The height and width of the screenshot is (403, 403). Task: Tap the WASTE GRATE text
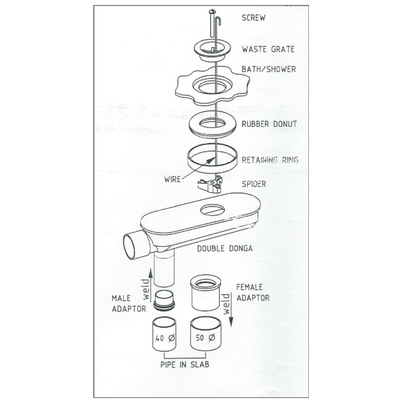click(268, 49)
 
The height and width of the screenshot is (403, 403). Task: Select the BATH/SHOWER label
click(269, 69)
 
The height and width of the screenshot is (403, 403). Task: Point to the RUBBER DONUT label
click(269, 124)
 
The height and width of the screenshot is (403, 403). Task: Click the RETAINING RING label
click(270, 160)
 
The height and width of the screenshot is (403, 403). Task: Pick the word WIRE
click(171, 179)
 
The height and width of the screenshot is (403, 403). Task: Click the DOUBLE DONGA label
click(225, 248)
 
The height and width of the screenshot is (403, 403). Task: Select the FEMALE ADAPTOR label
click(253, 292)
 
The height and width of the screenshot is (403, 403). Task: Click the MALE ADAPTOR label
click(129, 304)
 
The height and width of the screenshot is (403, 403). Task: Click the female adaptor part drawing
click(205, 293)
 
